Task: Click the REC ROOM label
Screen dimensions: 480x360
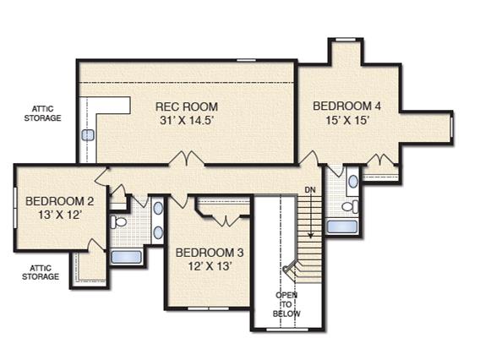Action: (187, 106)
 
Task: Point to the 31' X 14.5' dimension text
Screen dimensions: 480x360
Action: (187, 120)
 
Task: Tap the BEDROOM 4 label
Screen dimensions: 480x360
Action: (346, 106)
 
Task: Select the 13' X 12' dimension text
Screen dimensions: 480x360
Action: (60, 215)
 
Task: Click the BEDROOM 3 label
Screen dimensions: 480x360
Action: (210, 253)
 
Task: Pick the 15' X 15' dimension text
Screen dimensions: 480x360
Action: (346, 120)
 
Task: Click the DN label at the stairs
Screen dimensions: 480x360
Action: (310, 190)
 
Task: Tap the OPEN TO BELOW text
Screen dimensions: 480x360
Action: (286, 304)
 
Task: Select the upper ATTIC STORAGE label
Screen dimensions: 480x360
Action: (42, 113)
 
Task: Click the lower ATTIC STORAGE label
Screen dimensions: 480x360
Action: (41, 272)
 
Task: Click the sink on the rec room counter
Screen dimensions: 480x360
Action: (88, 135)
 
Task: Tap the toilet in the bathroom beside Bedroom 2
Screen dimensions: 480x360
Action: (118, 222)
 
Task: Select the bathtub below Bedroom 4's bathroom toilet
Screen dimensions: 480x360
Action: (342, 226)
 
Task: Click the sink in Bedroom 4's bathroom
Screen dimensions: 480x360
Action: (353, 181)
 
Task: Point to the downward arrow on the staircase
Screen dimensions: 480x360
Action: (311, 215)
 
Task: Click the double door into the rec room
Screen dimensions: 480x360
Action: (187, 159)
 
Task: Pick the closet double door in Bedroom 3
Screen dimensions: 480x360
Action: (226, 221)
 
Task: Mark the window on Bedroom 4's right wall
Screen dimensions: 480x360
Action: (452, 126)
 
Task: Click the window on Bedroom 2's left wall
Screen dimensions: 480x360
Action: (15, 207)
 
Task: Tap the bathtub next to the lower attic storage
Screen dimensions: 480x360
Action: (126, 257)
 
